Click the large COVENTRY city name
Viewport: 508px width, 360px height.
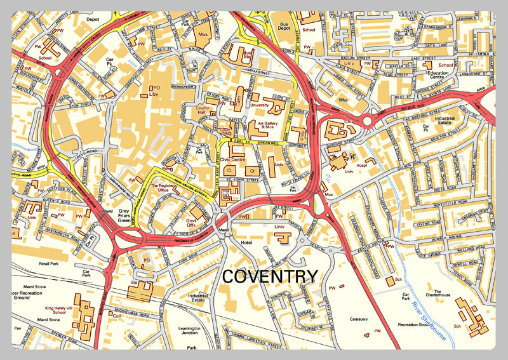click(x=270, y=276)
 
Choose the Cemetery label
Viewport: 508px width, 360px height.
click(x=359, y=319)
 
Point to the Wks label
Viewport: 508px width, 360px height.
click(x=344, y=100)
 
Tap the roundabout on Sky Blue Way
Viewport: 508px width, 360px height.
click(x=369, y=119)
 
